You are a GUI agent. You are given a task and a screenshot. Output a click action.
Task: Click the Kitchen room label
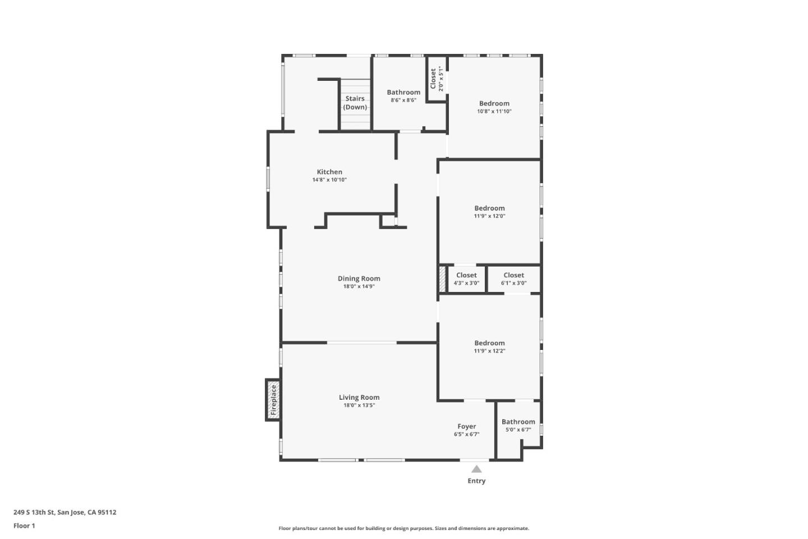329,172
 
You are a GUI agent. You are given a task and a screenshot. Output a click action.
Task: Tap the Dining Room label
359,278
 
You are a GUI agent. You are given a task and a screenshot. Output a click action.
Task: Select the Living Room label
359,398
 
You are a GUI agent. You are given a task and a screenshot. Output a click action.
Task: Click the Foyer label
466,427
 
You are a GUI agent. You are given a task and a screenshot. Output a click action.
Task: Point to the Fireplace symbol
273,399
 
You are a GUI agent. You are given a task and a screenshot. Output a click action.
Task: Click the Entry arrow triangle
476,469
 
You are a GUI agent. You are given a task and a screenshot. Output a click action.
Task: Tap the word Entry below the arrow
476,481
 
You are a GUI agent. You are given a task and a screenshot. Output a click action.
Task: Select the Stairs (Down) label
355,103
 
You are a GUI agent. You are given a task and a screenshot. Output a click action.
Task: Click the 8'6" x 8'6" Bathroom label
403,93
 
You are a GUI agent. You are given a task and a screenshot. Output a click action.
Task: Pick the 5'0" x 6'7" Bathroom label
518,422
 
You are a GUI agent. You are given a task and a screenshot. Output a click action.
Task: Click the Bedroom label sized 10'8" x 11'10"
494,104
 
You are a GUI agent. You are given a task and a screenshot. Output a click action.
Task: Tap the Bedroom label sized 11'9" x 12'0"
489,208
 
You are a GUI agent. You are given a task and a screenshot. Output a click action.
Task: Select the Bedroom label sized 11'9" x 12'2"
489,343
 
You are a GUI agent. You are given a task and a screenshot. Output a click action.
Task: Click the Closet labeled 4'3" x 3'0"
466,276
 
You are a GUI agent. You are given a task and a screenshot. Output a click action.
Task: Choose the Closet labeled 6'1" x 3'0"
513,276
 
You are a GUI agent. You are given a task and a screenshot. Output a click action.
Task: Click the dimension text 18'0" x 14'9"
359,286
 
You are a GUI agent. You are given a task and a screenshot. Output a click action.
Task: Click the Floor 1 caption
24,526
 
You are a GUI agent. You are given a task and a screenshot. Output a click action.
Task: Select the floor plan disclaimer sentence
404,528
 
